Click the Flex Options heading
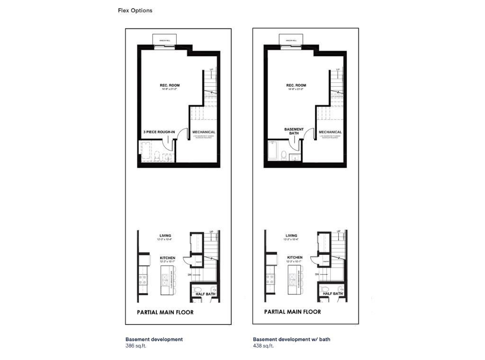135,10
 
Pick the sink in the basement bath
294,157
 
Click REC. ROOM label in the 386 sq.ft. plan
169,86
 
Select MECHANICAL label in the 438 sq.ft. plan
330,132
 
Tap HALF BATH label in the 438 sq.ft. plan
332,294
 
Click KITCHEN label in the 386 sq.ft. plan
168,258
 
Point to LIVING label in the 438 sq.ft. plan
291,235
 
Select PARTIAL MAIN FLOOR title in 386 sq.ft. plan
165,312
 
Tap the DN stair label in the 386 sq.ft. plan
190,275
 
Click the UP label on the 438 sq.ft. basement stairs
338,70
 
